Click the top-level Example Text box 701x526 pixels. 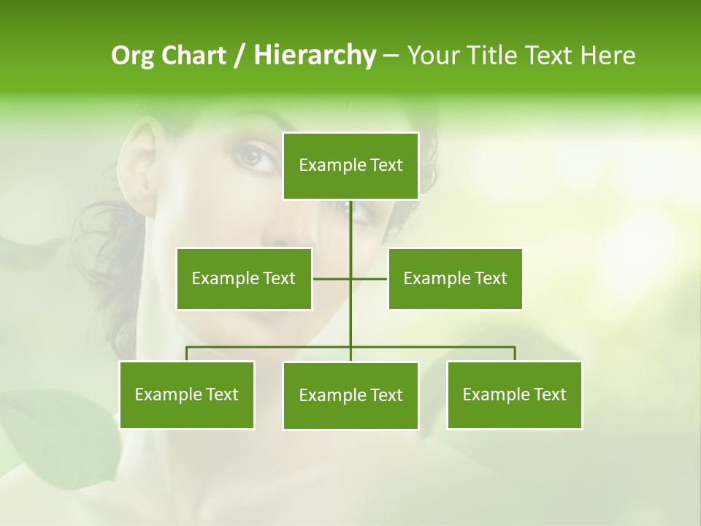pyautogui.click(x=350, y=166)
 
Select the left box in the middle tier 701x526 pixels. pyautogui.click(x=244, y=278)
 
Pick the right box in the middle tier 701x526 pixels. pyautogui.click(x=455, y=278)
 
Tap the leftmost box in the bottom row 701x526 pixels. pyautogui.click(x=187, y=394)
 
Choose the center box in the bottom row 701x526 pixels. pyautogui.click(x=350, y=395)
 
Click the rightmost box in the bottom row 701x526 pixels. pyautogui.click(x=514, y=394)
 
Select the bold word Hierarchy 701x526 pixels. pyautogui.click(x=314, y=56)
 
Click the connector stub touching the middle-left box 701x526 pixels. pyautogui.click(x=331, y=278)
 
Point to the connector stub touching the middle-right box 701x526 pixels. pyautogui.click(x=369, y=278)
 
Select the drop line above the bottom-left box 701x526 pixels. pyautogui.click(x=187, y=354)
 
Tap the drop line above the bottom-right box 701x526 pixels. pyautogui.click(x=515, y=354)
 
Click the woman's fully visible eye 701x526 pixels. pyautogui.click(x=253, y=156)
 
